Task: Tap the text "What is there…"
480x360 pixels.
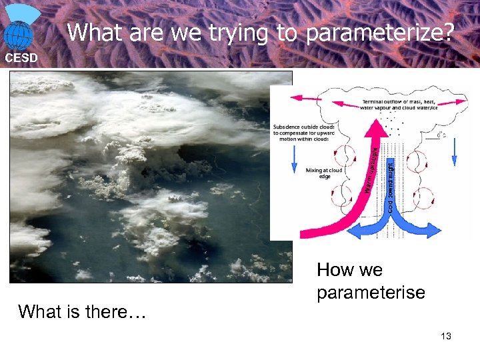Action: tap(82, 311)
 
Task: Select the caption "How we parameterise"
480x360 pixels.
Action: tap(371, 281)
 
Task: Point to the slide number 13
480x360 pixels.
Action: tap(446, 336)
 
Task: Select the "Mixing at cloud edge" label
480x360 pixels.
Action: tap(324, 174)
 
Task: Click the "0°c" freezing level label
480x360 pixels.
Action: tap(441, 135)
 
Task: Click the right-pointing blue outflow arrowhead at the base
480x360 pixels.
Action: tap(433, 230)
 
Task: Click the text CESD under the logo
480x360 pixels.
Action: tap(21, 58)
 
